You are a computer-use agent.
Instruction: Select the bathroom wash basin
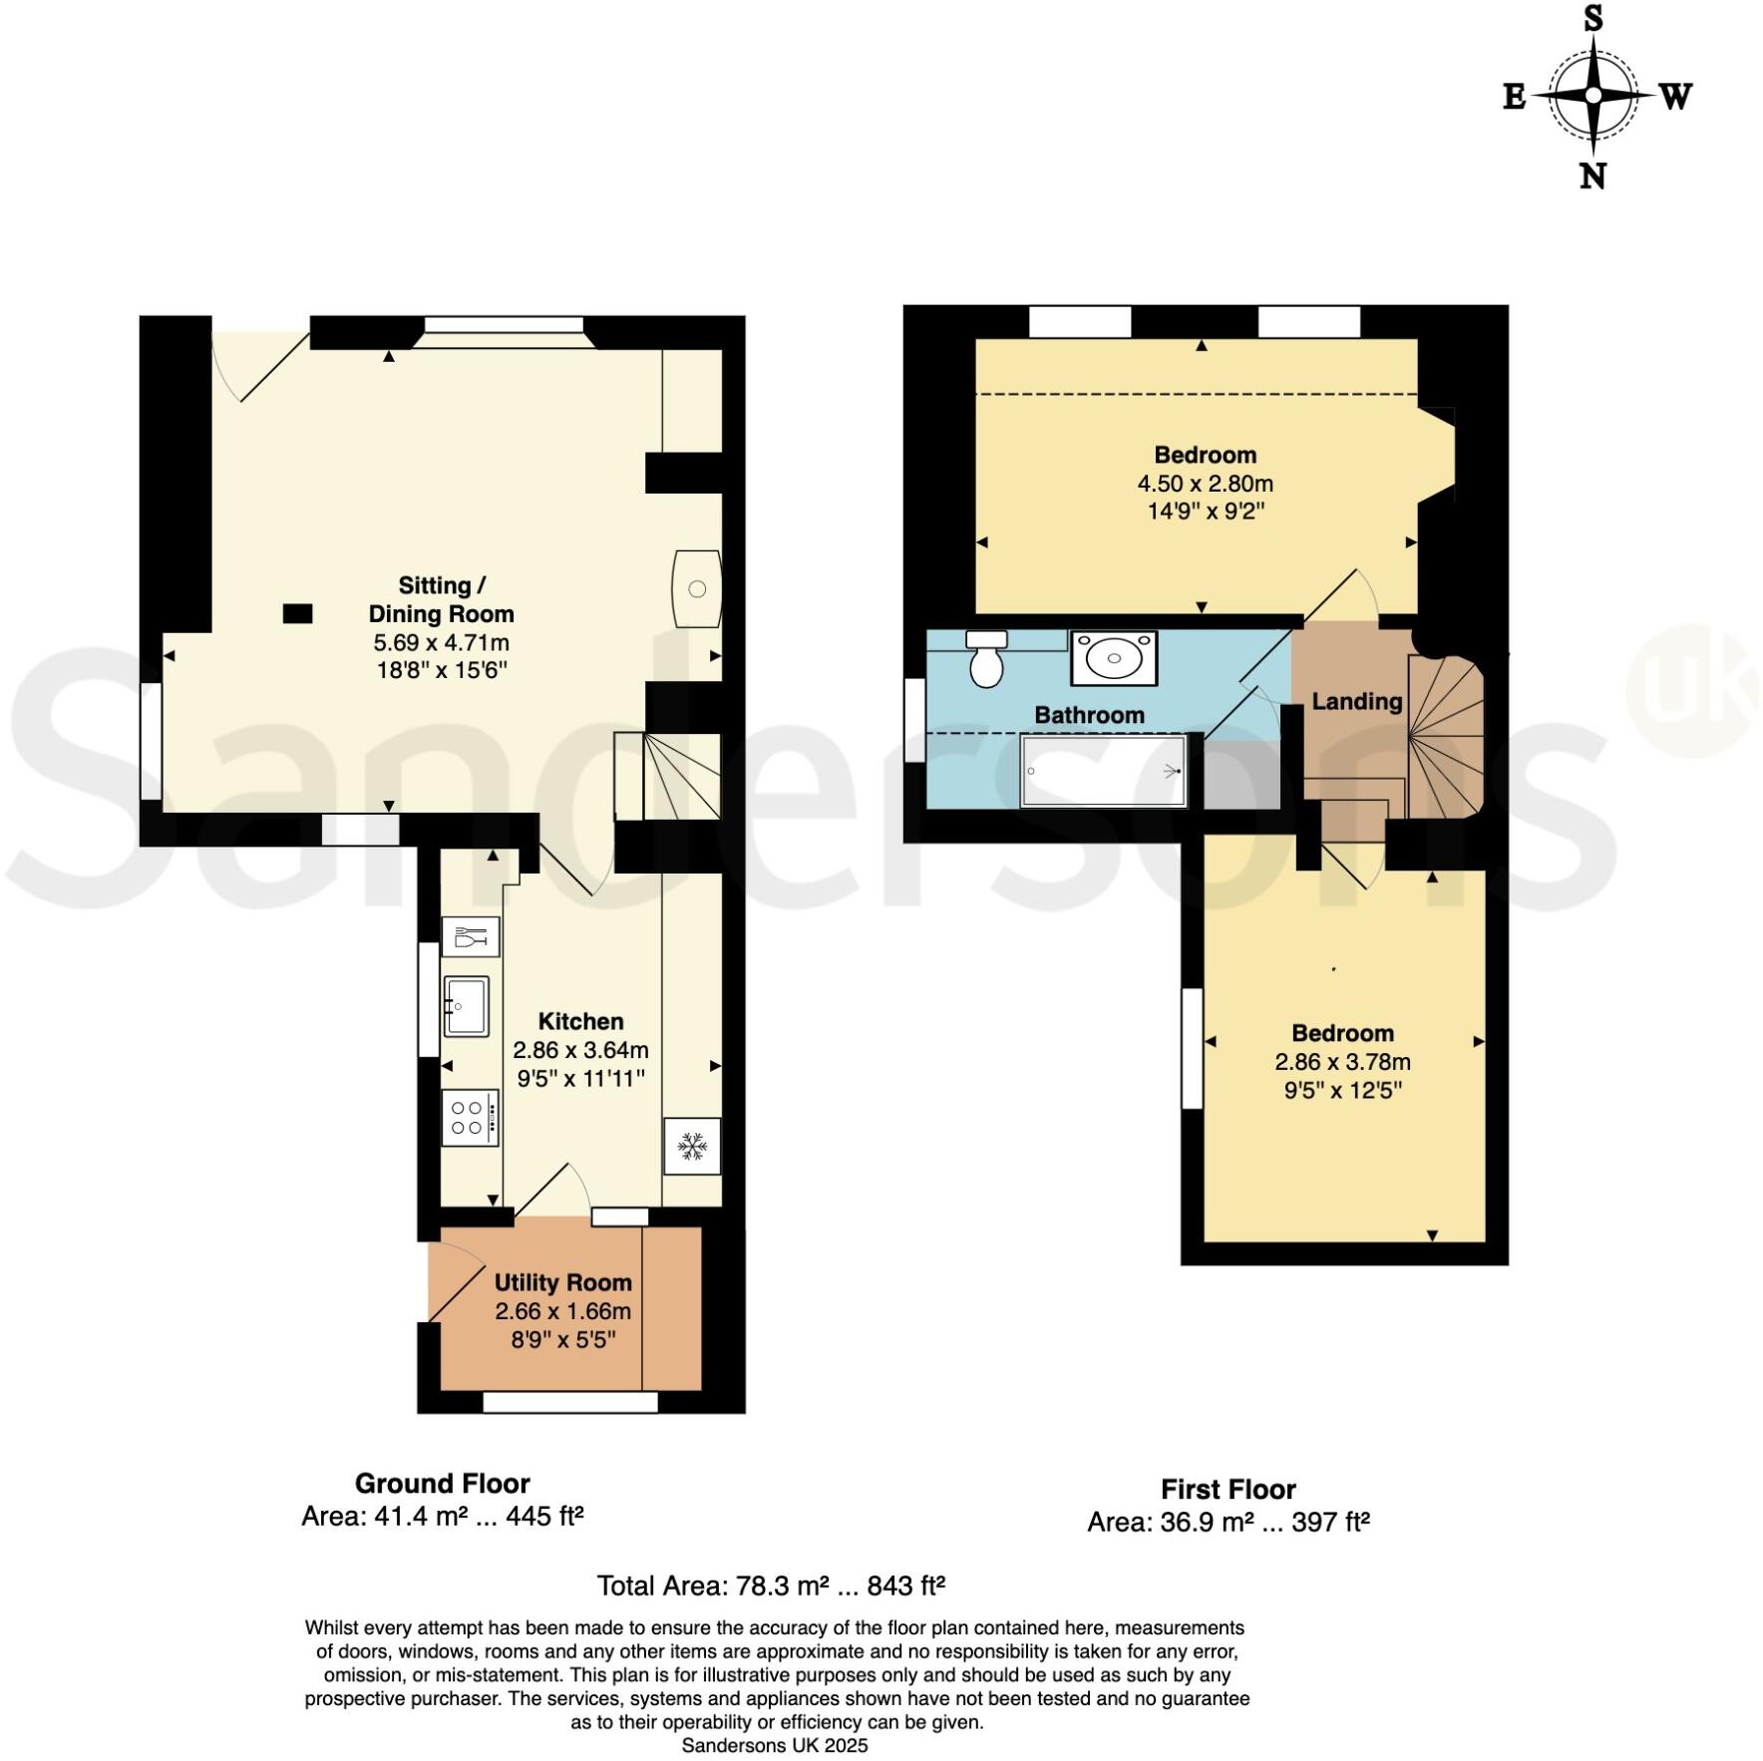pyautogui.click(x=1113, y=658)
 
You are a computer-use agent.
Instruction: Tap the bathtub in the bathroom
pyautogui.click(x=1104, y=771)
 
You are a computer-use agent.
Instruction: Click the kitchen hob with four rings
pyautogui.click(x=470, y=1118)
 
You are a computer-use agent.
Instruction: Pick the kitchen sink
pyautogui.click(x=467, y=1006)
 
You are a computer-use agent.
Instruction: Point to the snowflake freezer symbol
pyautogui.click(x=692, y=1147)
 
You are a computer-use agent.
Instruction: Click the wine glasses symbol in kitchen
pyautogui.click(x=470, y=937)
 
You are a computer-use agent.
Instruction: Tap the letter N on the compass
pyautogui.click(x=1592, y=176)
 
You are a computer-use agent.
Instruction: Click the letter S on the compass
pyautogui.click(x=1593, y=18)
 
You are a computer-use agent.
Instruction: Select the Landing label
pyautogui.click(x=1356, y=701)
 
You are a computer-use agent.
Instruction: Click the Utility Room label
pyautogui.click(x=562, y=1282)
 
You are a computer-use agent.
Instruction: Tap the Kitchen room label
pyautogui.click(x=580, y=1021)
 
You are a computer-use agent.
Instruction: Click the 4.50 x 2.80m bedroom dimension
pyautogui.click(x=1205, y=484)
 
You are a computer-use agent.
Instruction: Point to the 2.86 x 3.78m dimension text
pyautogui.click(x=1342, y=1062)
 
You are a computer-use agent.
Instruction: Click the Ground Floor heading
pyautogui.click(x=442, y=1483)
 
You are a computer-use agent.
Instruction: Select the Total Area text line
pyautogui.click(x=770, y=1585)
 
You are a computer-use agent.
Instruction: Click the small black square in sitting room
pyautogui.click(x=297, y=613)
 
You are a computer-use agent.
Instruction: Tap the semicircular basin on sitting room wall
pyautogui.click(x=696, y=588)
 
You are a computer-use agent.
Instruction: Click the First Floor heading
pyautogui.click(x=1228, y=1489)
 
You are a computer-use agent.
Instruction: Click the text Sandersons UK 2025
pyautogui.click(x=774, y=1745)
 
